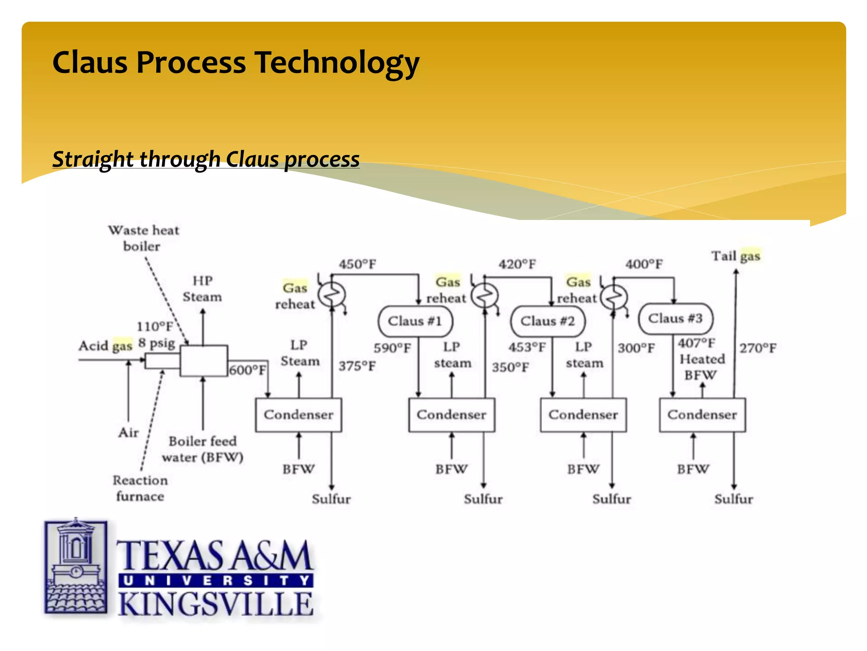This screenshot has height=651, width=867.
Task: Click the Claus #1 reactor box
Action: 415,321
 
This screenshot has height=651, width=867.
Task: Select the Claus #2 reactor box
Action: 548,321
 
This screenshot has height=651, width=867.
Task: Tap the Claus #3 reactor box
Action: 675,318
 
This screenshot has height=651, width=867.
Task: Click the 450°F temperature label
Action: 357,264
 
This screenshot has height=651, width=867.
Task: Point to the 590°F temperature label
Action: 392,348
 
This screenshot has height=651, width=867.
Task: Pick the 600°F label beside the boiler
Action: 248,370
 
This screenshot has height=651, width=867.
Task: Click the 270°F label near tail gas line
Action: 758,348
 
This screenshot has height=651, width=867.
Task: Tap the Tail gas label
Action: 736,256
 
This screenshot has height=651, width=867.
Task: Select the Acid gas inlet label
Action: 105,346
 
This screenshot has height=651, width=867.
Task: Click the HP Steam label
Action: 202,289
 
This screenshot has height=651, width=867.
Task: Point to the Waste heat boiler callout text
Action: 144,238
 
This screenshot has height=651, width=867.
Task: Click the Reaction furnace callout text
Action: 140,488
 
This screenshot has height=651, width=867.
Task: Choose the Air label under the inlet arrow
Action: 129,433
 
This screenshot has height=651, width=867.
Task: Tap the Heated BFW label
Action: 701,367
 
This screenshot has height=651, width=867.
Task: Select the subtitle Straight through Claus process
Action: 206,159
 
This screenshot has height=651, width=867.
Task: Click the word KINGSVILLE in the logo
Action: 215,605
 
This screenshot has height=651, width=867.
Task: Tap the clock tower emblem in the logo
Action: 76,566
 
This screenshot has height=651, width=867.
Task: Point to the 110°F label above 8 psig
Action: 155,326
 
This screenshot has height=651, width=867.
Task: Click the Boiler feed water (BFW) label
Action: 203,449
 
